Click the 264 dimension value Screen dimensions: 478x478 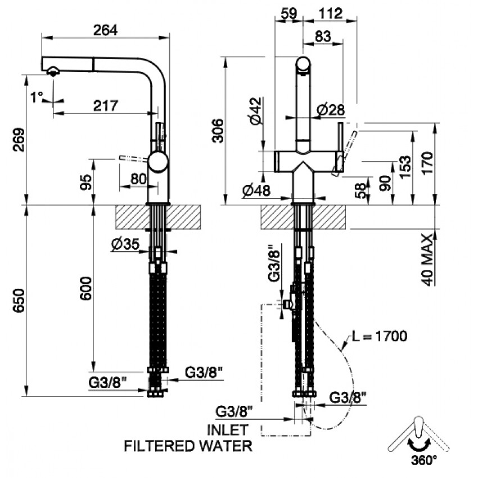(x=105, y=30)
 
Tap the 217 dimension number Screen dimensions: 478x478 (x=106, y=106)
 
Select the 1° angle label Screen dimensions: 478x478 (x=37, y=97)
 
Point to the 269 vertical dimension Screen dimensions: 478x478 (x=19, y=139)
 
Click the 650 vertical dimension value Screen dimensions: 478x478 (x=19, y=301)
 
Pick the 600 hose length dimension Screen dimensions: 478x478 (x=85, y=288)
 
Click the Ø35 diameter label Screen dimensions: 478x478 (x=125, y=244)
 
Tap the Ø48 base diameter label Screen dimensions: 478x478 (x=256, y=191)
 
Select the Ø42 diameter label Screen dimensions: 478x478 (x=256, y=111)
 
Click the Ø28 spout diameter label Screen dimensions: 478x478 (x=331, y=110)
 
